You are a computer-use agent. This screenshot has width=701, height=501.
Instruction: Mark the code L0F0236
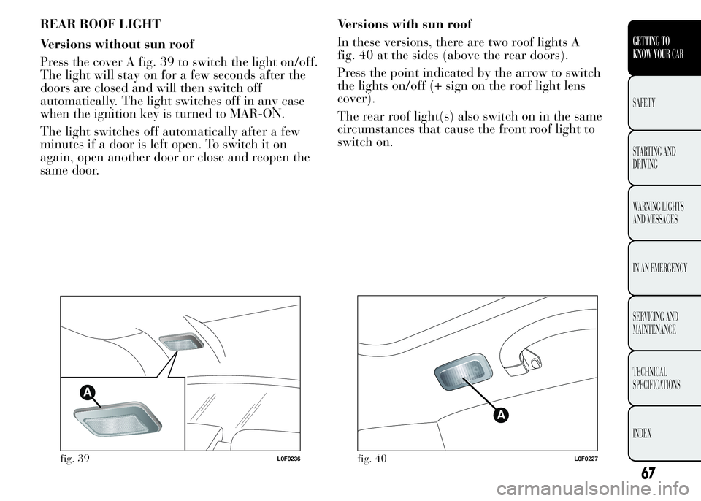click(289, 459)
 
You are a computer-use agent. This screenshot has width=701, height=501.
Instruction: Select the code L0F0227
click(586, 459)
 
